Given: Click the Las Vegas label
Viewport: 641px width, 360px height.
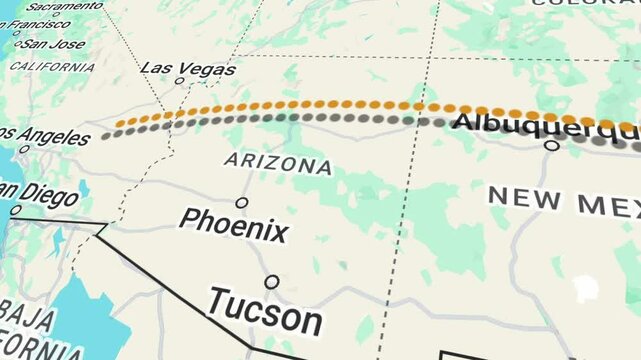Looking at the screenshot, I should [x=188, y=68].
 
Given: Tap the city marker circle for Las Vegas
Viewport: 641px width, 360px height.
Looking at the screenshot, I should [x=180, y=81].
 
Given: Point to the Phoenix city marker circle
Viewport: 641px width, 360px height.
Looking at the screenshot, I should [x=242, y=203].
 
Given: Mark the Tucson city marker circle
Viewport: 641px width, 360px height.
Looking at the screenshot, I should [x=272, y=282].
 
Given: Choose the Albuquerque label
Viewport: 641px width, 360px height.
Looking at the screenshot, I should [x=540, y=124].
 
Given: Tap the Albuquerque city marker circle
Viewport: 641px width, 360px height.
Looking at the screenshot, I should [x=551, y=145].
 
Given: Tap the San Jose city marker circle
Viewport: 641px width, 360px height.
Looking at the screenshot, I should [x=17, y=44].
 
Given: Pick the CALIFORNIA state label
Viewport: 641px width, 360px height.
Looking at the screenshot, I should [x=52, y=66].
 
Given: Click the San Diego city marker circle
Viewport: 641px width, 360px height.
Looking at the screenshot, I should [x=15, y=211].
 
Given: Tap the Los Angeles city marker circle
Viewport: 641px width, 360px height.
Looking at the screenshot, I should [x=24, y=149].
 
